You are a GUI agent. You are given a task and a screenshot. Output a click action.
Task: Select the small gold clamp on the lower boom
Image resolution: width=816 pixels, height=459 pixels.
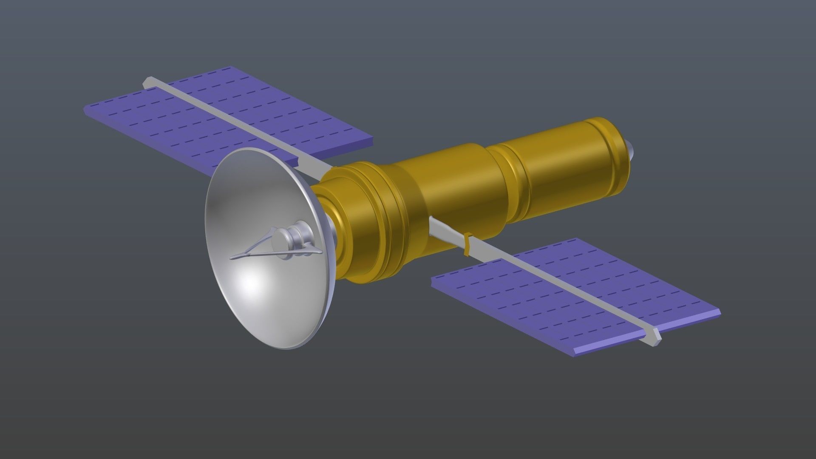(x=468, y=245)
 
